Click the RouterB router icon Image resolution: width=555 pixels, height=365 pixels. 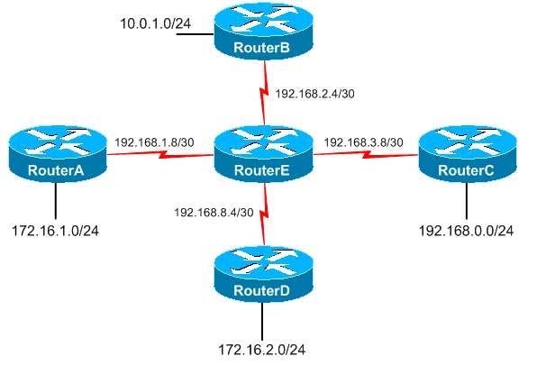click(264, 32)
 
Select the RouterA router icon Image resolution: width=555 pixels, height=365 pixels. click(58, 154)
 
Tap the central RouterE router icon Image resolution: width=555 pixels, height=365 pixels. click(264, 154)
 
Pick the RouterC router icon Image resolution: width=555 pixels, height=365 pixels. click(468, 154)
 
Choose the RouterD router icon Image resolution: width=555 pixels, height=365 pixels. click(264, 274)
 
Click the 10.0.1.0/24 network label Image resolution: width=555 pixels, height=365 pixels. click(156, 23)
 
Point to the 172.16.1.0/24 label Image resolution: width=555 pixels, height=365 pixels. click(56, 231)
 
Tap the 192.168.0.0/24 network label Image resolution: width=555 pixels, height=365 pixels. click(466, 231)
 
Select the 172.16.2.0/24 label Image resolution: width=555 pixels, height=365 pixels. click(262, 350)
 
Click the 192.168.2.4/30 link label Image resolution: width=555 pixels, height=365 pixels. click(315, 94)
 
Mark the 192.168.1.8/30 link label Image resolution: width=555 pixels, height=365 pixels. click(154, 142)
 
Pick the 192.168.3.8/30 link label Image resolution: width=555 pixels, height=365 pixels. click(363, 142)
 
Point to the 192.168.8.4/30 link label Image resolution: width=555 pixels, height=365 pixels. click(214, 212)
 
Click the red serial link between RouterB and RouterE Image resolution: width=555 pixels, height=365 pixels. click(264, 93)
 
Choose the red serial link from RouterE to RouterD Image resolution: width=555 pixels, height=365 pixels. click(264, 213)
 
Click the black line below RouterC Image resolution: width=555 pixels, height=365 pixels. click(467, 201)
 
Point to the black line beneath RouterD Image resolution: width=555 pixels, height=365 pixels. click(262, 321)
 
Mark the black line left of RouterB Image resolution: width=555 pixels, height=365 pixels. click(195, 34)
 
